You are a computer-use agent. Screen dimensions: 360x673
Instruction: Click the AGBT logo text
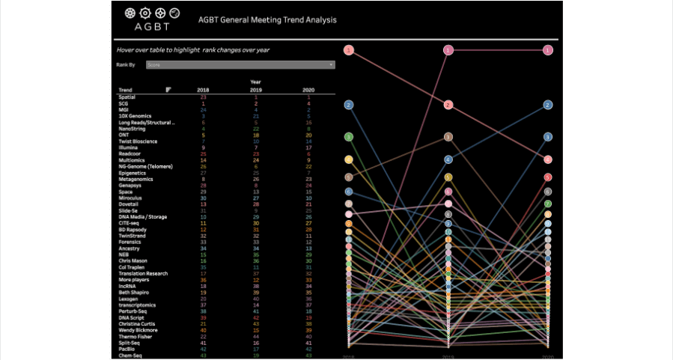coord(152,27)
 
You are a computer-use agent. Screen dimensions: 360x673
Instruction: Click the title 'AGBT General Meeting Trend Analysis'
coord(267,20)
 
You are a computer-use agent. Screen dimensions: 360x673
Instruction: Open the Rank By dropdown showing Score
coord(240,65)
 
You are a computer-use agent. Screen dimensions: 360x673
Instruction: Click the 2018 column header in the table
coord(203,90)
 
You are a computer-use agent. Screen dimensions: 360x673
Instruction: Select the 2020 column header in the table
coord(308,90)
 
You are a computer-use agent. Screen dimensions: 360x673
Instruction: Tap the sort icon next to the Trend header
coord(168,90)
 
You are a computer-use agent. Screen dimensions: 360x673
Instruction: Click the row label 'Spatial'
coord(127,97)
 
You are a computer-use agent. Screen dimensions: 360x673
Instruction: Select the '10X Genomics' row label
coord(135,116)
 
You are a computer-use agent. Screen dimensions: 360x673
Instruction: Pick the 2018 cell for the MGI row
coord(203,110)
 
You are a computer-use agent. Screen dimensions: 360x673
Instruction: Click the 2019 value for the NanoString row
coord(256,129)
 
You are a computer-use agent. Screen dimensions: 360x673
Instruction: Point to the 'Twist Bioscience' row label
coord(139,141)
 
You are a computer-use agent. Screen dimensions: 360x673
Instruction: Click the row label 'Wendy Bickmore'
coord(138,330)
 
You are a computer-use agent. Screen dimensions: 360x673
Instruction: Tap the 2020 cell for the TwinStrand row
coord(308,236)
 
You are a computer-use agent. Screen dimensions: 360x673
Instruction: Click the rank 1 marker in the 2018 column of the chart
coord(349,50)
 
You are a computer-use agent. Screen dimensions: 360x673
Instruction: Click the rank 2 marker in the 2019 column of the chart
coord(448,105)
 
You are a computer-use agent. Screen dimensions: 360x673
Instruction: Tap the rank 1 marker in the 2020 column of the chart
coord(548,50)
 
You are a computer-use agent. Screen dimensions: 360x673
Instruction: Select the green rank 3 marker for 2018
coord(349,137)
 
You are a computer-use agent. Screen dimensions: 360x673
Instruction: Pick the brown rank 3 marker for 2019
coord(448,137)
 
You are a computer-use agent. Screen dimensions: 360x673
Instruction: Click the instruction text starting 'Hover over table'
coord(192,50)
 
